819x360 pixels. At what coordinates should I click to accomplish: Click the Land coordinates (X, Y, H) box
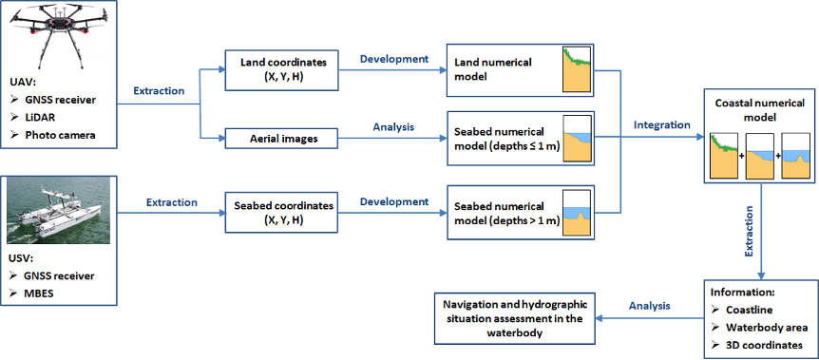(x=282, y=68)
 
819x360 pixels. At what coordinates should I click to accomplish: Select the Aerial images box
(x=282, y=138)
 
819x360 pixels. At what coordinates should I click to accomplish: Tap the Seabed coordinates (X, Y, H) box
(x=282, y=212)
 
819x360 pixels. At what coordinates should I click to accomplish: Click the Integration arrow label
(x=661, y=124)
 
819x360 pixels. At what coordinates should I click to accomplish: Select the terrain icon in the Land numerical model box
(x=577, y=69)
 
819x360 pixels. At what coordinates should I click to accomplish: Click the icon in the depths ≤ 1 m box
(x=577, y=139)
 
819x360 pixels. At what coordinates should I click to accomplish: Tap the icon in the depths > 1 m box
(x=577, y=213)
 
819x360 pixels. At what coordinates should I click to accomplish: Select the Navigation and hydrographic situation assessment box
(x=514, y=318)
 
